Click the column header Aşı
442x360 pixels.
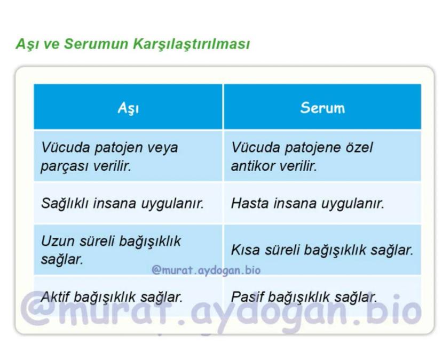coord(128,108)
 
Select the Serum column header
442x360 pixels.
coord(322,108)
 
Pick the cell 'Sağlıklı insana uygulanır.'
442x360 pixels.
coord(122,203)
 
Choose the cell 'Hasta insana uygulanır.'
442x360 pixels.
coord(307,203)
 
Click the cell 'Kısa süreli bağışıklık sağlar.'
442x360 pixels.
coord(322,250)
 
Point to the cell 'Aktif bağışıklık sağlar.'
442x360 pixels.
coord(112,297)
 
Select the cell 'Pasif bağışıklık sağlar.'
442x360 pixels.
coord(304,297)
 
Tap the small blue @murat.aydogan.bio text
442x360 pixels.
coord(206,270)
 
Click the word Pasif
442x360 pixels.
coord(247,297)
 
